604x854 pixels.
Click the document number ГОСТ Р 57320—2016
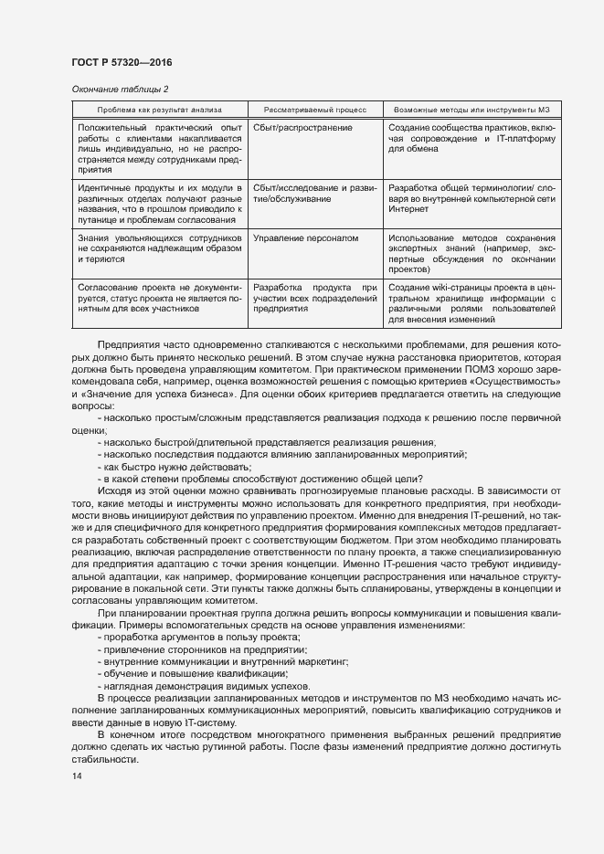point(122,62)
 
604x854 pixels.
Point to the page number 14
point(76,776)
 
